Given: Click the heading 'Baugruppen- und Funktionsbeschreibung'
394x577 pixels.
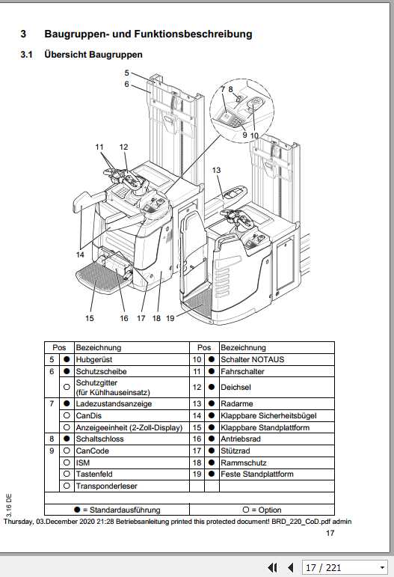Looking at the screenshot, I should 147,34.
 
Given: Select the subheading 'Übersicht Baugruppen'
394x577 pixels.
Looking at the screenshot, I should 93,55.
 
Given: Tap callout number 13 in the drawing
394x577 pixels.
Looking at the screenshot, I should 217,171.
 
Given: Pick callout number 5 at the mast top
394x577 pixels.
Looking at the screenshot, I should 127,73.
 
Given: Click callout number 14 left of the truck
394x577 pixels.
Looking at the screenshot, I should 80,254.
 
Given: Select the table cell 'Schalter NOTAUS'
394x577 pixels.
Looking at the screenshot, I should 252,359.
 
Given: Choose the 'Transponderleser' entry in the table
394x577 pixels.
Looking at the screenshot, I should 106,486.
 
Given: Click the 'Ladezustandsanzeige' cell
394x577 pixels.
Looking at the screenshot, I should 113,404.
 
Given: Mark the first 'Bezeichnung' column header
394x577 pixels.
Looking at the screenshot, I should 98,347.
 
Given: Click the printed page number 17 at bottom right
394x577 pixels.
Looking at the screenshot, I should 330,534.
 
